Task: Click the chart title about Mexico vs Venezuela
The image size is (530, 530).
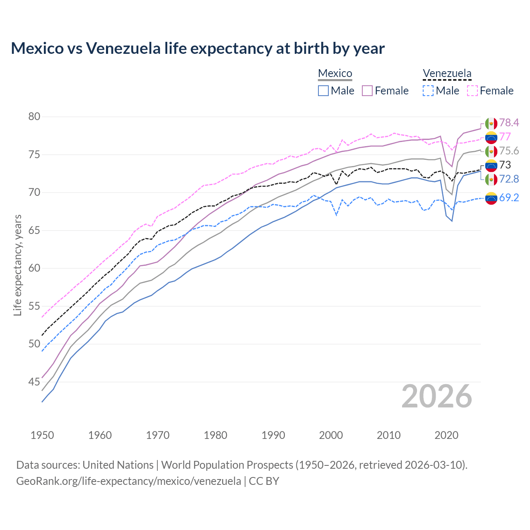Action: [198, 48]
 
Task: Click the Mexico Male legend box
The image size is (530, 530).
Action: [323, 91]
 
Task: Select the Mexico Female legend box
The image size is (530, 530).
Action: [367, 91]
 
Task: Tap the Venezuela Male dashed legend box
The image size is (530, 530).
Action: [428, 91]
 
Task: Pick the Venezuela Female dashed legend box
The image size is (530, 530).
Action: [472, 91]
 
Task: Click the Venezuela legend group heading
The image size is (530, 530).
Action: [447, 74]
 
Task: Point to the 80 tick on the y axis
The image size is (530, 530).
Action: [34, 117]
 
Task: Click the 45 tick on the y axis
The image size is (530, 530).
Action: [34, 382]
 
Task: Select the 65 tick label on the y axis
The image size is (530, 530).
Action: [34, 230]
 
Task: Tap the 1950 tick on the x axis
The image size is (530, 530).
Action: [42, 435]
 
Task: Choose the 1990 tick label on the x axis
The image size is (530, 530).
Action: [273, 435]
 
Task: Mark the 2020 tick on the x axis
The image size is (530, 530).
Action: [446, 435]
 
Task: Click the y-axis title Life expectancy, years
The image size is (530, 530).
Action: [17, 265]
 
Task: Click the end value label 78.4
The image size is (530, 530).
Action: [509, 123]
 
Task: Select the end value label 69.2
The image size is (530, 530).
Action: [509, 198]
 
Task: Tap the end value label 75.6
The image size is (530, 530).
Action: [509, 151]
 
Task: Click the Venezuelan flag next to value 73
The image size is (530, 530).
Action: [491, 165]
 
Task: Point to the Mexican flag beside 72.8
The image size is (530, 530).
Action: [491, 179]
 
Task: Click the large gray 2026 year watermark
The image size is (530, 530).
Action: [437, 397]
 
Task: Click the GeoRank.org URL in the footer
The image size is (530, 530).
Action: [128, 481]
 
